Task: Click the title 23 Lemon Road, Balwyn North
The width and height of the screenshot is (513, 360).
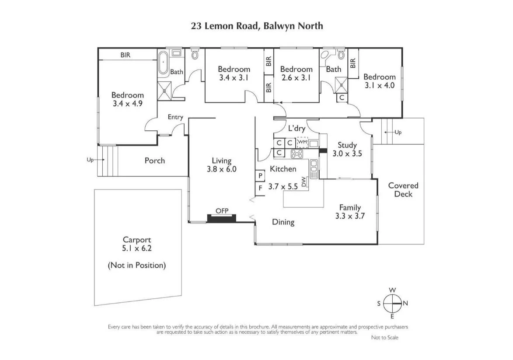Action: pyautogui.click(x=257, y=26)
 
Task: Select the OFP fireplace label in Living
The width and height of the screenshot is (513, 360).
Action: pyautogui.click(x=222, y=210)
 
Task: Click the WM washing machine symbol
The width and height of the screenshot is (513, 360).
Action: pyautogui.click(x=302, y=143)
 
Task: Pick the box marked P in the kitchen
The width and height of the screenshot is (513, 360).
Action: pyautogui.click(x=260, y=175)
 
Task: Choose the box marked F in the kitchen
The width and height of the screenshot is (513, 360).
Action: pyautogui.click(x=260, y=188)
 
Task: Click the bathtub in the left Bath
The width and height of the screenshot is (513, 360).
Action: pyautogui.click(x=163, y=64)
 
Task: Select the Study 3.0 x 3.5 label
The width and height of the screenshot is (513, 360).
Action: pyautogui.click(x=347, y=149)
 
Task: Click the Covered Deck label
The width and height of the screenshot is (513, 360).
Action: pyautogui.click(x=403, y=189)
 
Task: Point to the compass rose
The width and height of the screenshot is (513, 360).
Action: pyautogui.click(x=392, y=303)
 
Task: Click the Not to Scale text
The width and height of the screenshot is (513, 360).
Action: pyautogui.click(x=384, y=337)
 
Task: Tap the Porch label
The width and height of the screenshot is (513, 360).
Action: pyautogui.click(x=155, y=161)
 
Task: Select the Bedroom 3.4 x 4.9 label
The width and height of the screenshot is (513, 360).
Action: pyautogui.click(x=127, y=99)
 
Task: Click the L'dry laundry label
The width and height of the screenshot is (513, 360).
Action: pyautogui.click(x=297, y=129)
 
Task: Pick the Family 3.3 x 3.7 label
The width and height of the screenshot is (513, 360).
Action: pyautogui.click(x=350, y=212)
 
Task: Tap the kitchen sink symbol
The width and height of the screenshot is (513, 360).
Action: pyautogui.click(x=314, y=166)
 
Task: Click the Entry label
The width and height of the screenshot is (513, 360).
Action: pyautogui.click(x=175, y=117)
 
